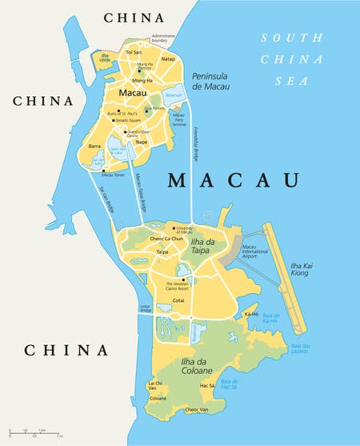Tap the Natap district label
167,58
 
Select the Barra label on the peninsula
94,147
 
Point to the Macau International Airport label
259,252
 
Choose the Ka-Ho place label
250,315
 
